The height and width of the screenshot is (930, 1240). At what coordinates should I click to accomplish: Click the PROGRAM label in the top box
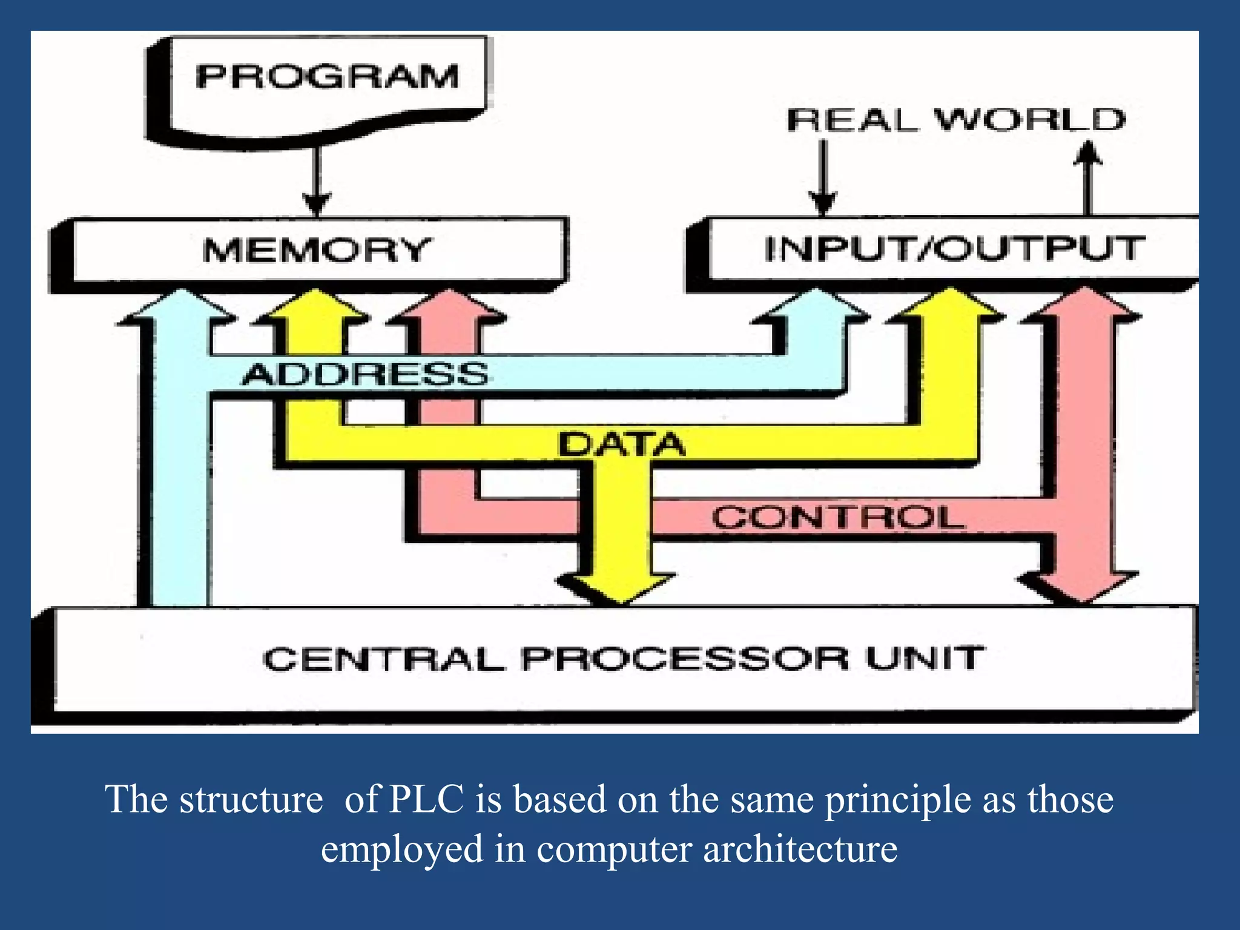tap(327, 77)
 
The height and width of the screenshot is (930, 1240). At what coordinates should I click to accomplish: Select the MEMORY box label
tap(317, 249)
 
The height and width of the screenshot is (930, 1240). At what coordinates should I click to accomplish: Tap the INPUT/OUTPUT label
tap(954, 249)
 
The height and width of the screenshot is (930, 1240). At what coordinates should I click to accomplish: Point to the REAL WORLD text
tap(956, 119)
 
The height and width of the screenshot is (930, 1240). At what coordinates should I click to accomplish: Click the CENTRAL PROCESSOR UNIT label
tap(624, 658)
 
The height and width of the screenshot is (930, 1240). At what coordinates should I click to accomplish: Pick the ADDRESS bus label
tap(365, 374)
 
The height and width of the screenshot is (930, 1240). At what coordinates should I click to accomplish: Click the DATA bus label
tap(621, 444)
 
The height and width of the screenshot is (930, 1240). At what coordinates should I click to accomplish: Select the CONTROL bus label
tap(837, 518)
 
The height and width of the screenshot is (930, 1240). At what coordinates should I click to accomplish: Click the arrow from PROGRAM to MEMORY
tap(317, 182)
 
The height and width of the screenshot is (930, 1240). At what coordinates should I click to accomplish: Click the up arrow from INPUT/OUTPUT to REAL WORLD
tap(1088, 176)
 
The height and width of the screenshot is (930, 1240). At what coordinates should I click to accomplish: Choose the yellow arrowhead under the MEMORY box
tap(315, 305)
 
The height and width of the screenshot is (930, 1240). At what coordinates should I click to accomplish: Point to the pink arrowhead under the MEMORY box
tap(449, 305)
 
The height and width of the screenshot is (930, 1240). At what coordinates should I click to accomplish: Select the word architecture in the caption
tap(800, 848)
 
